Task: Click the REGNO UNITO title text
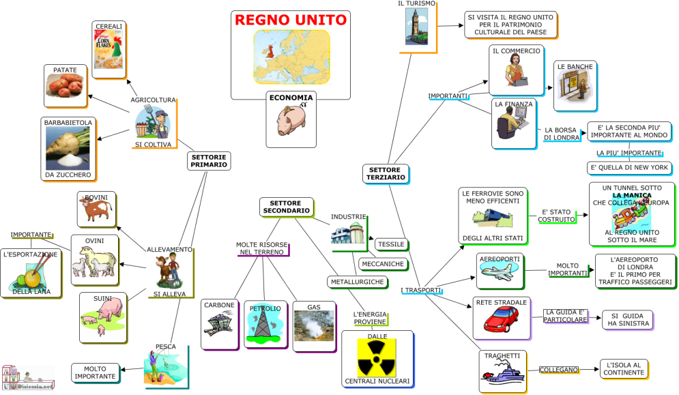click(291, 20)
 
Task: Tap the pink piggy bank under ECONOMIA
click(291, 121)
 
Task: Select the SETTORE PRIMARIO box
click(209, 161)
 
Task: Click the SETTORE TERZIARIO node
click(386, 173)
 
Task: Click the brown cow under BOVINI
click(96, 211)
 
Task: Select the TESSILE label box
click(391, 244)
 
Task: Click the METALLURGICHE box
click(357, 281)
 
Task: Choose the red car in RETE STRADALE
click(501, 320)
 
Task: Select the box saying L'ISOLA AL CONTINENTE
click(623, 369)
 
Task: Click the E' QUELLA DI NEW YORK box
click(629, 168)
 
